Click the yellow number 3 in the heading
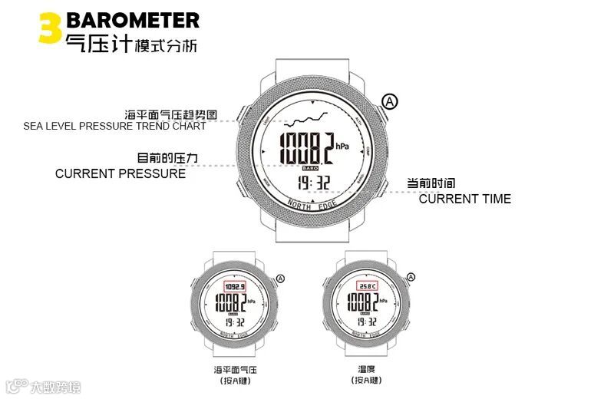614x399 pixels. [49, 28]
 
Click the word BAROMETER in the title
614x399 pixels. [132, 20]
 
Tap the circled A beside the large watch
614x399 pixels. [391, 101]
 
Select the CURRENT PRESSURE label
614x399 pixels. [120, 173]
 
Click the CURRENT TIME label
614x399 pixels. [464, 199]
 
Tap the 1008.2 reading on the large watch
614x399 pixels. [305, 148]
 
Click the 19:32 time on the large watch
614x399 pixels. [314, 183]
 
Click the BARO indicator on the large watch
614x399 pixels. [309, 167]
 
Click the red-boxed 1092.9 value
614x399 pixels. [234, 287]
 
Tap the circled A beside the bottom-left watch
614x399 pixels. [280, 279]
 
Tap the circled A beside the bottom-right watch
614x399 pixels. [411, 277]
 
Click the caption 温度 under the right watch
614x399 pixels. [366, 369]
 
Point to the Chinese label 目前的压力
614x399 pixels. [168, 158]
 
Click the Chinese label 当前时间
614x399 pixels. [431, 183]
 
